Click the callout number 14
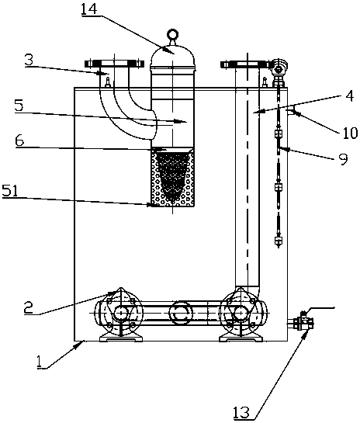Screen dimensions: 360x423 coord(88,9)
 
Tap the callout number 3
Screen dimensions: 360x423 coord(29,61)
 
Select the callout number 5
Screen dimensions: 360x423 coord(19,106)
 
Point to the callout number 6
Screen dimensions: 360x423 coord(19,140)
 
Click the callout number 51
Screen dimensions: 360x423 coord(10,191)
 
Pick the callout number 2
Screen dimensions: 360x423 coord(28,307)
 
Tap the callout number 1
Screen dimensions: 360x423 coord(40,362)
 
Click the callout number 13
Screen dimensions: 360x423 coord(241,412)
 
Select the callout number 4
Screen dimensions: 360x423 coord(350,96)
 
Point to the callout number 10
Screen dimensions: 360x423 coord(350,133)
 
